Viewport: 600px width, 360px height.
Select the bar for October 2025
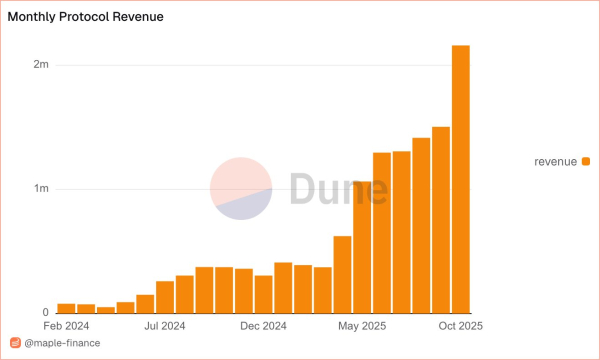461,179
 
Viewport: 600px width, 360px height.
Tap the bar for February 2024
66,308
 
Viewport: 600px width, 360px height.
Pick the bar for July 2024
165,297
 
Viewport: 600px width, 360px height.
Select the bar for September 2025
441,220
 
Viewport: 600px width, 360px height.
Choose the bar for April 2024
106,310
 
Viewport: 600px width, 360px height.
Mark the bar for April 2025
342,274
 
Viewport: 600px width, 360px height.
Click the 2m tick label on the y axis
41,65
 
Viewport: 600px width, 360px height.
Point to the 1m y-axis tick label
41,189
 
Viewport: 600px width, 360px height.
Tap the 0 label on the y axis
45,313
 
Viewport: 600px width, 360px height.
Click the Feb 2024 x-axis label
66,325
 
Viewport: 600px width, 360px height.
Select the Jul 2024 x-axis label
165,325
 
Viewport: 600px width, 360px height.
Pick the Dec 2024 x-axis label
264,325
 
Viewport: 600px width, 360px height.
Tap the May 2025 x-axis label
362,325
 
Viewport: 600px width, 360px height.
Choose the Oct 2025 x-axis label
461,325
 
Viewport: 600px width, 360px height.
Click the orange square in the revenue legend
586,161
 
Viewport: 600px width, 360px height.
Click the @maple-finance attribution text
62,344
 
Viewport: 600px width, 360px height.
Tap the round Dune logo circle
241,189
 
